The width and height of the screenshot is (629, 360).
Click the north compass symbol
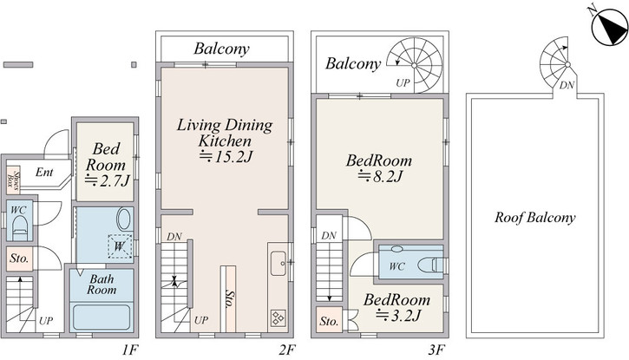[609, 28]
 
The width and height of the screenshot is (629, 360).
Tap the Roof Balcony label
[534, 218]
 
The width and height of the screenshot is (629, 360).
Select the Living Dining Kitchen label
[225, 133]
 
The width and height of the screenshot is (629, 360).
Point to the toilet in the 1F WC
[20, 227]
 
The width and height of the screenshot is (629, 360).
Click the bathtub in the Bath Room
[102, 317]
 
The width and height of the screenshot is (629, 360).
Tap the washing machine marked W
[119, 245]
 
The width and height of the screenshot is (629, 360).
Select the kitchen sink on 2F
[278, 263]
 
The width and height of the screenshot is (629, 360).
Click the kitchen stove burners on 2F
[278, 318]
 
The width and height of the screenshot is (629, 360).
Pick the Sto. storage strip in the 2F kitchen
[228, 298]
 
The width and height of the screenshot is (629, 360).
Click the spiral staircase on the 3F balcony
[415, 65]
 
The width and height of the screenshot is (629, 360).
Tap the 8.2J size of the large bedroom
[379, 176]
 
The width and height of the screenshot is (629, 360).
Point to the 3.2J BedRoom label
[397, 307]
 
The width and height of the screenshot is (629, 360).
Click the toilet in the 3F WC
[432, 265]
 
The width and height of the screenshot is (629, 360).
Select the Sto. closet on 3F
[329, 320]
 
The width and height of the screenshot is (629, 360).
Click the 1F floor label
[130, 350]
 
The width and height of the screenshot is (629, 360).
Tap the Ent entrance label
[44, 173]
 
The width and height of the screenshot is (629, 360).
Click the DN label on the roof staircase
[567, 85]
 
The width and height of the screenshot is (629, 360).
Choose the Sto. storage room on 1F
[19, 259]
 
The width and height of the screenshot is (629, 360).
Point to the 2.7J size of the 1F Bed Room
[107, 180]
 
